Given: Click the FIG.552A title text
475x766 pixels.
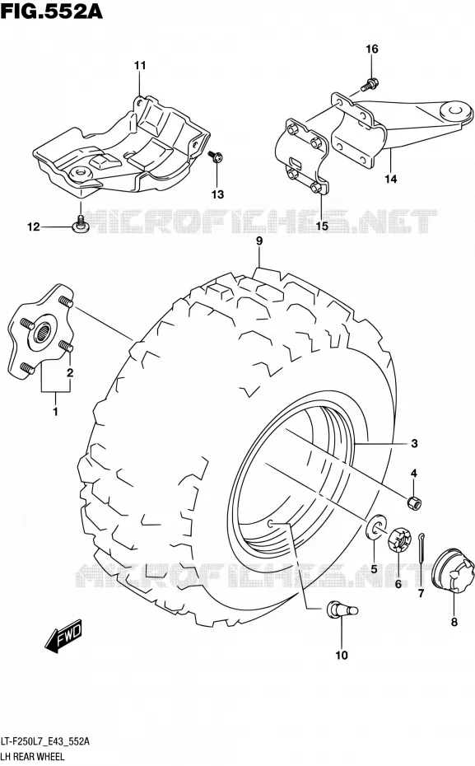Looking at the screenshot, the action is [52, 11].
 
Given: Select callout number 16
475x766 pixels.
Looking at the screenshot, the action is [372, 49].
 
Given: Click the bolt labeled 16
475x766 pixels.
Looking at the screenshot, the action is [369, 85].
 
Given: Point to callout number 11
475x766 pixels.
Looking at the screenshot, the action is [140, 65].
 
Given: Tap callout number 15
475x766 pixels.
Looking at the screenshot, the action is [322, 227].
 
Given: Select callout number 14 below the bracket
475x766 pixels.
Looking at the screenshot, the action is [390, 180].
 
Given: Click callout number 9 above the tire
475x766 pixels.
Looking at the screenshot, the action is [259, 241].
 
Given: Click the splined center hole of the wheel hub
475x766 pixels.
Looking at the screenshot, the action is [44, 334].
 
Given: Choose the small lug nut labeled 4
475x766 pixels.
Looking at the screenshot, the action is [414, 502].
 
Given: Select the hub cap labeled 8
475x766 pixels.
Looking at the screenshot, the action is [453, 572].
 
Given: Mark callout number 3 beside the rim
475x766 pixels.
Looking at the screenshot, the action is [414, 444].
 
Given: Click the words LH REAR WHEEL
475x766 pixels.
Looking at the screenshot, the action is [33, 757].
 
